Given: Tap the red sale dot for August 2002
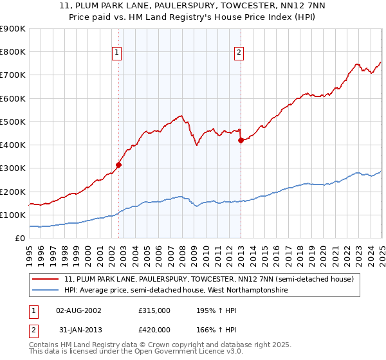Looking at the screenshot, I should click(x=119, y=165).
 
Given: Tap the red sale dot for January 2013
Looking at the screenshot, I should click(x=241, y=140).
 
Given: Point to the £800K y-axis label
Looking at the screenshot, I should click(x=13, y=52).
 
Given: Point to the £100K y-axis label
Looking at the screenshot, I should click(x=13, y=215).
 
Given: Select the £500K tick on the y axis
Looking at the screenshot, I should click(x=13, y=122).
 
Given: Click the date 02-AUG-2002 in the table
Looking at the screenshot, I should click(x=79, y=310).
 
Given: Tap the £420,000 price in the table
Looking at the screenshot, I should click(x=154, y=330).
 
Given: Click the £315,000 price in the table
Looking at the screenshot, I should click(x=154, y=310).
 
